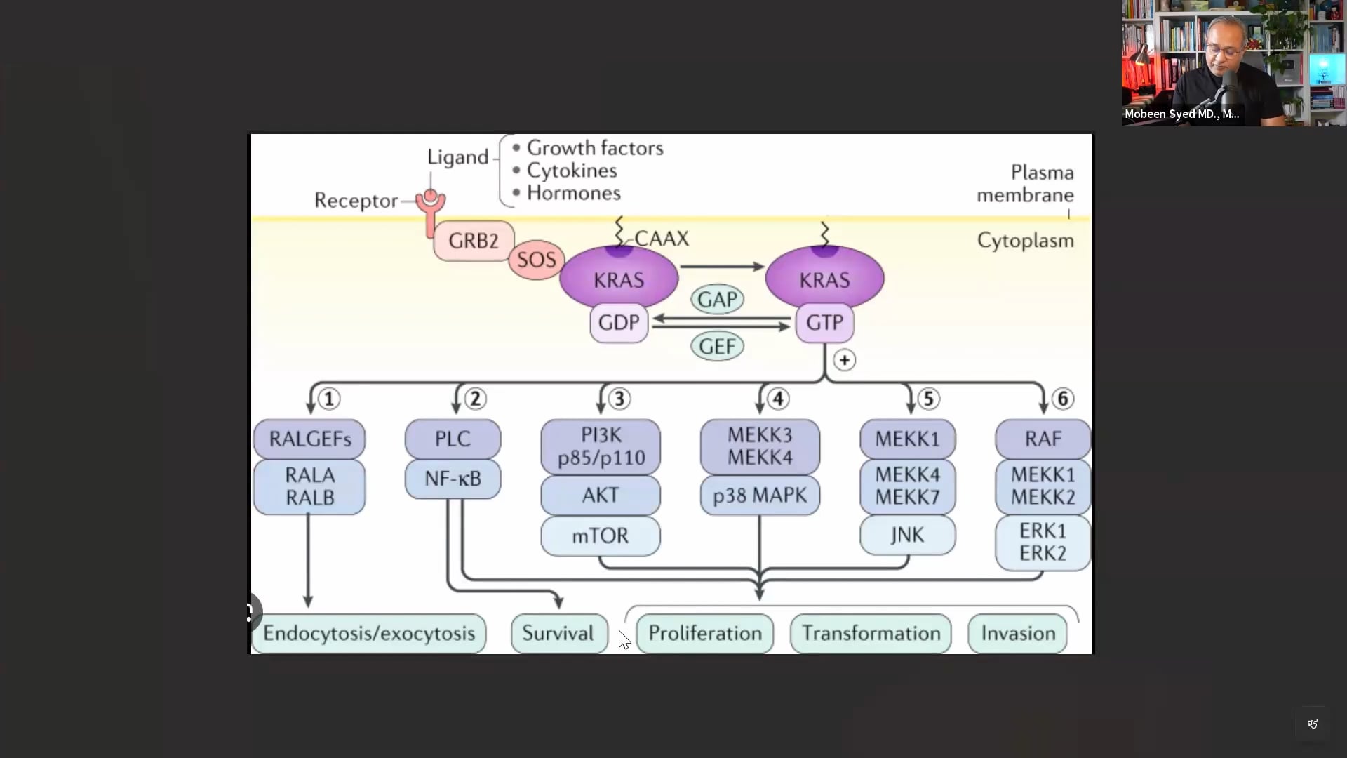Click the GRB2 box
pos(474,241)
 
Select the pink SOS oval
pos(537,260)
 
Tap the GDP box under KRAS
pos(619,323)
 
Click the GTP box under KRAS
pos(824,323)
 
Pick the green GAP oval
pos(717,300)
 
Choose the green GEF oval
pos(717,346)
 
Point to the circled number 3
pos(619,399)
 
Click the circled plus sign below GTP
pos(845,360)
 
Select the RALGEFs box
pos(309,439)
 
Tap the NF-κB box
pos(453,479)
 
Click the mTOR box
pos(600,536)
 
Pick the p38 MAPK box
pos(760,496)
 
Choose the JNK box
pos(907,535)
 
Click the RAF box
pos(1043,439)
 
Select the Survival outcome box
pos(558,633)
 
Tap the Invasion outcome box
pos(1018,633)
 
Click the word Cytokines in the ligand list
pos(572,171)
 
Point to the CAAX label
pos(662,239)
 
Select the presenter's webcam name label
pos(1181,114)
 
